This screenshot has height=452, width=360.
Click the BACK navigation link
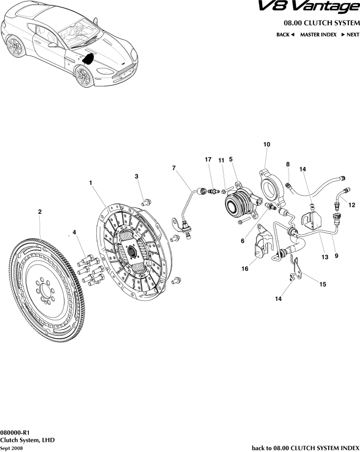click(x=285, y=35)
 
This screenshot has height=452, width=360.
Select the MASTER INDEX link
click(x=318, y=35)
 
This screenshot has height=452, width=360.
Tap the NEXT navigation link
click(x=350, y=35)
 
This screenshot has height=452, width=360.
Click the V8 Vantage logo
click(x=315, y=7)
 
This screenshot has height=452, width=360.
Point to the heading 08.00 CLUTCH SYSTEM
click(x=321, y=23)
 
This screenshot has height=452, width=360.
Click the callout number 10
click(x=267, y=144)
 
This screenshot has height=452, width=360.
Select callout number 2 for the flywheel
click(x=40, y=211)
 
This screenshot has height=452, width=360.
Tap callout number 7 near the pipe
click(x=174, y=168)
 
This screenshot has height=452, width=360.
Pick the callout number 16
click(x=245, y=268)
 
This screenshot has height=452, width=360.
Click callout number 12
click(x=352, y=205)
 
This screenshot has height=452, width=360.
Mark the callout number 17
click(x=208, y=160)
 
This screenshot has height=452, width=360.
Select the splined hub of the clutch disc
click(x=131, y=252)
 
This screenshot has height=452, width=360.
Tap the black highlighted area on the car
click(x=88, y=59)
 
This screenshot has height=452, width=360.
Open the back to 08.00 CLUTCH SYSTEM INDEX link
click(x=305, y=448)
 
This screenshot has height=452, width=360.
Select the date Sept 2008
click(x=11, y=448)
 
